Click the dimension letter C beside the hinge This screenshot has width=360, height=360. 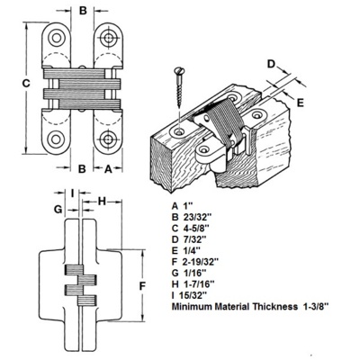click(x=26, y=84)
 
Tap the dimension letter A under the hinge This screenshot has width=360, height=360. click(x=108, y=169)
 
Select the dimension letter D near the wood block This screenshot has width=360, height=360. click(x=271, y=64)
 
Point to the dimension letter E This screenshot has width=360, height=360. click(x=301, y=103)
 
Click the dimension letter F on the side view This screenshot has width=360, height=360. click(x=142, y=286)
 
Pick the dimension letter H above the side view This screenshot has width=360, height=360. click(x=103, y=202)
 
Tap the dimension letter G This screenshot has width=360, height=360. click(x=58, y=209)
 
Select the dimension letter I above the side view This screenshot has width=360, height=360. click(x=72, y=193)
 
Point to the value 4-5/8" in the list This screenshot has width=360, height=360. click(x=196, y=228)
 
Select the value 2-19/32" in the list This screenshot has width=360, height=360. click(x=200, y=262)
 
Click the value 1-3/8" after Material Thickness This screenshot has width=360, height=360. click(x=314, y=307)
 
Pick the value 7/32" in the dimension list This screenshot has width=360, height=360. click(x=194, y=239)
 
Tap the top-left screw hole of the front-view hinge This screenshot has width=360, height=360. click(x=57, y=38)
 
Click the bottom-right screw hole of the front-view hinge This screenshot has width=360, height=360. click(x=108, y=139)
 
